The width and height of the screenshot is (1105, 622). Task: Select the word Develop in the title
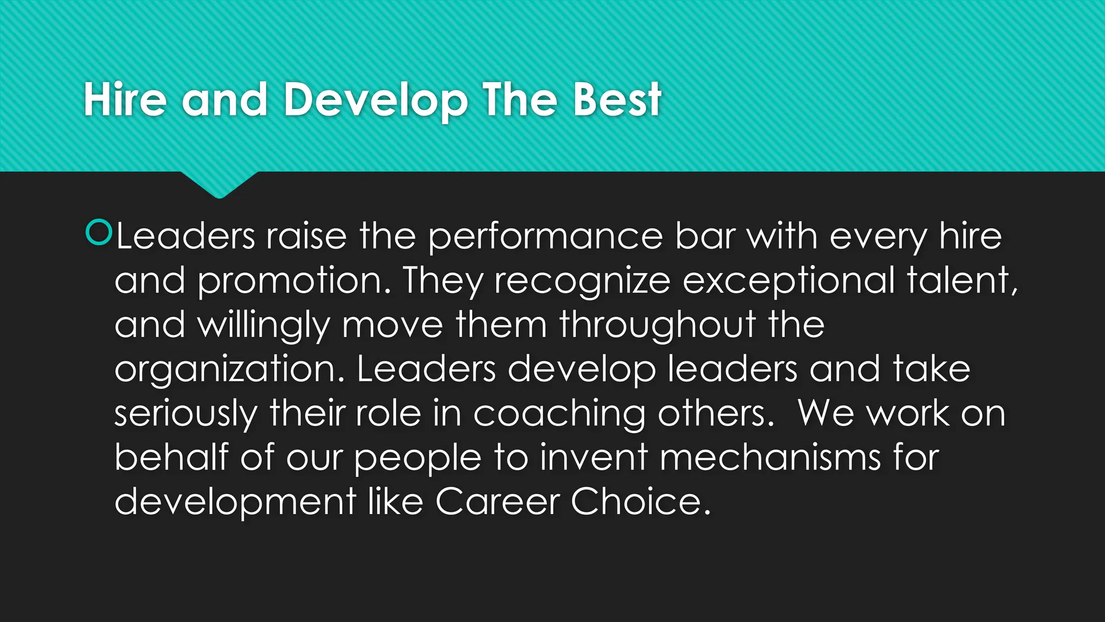[x=376, y=101]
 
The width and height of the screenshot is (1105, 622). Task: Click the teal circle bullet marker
[x=99, y=233]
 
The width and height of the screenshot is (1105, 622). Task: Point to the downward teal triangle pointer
[x=219, y=185]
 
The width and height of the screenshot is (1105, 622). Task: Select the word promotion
[x=294, y=281]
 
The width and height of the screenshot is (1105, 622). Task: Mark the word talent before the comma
[x=957, y=281]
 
